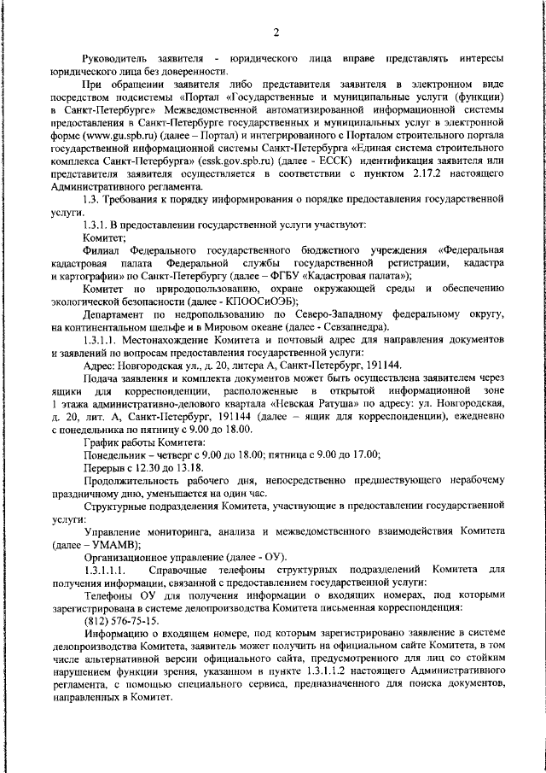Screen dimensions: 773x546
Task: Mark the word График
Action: click(100, 442)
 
